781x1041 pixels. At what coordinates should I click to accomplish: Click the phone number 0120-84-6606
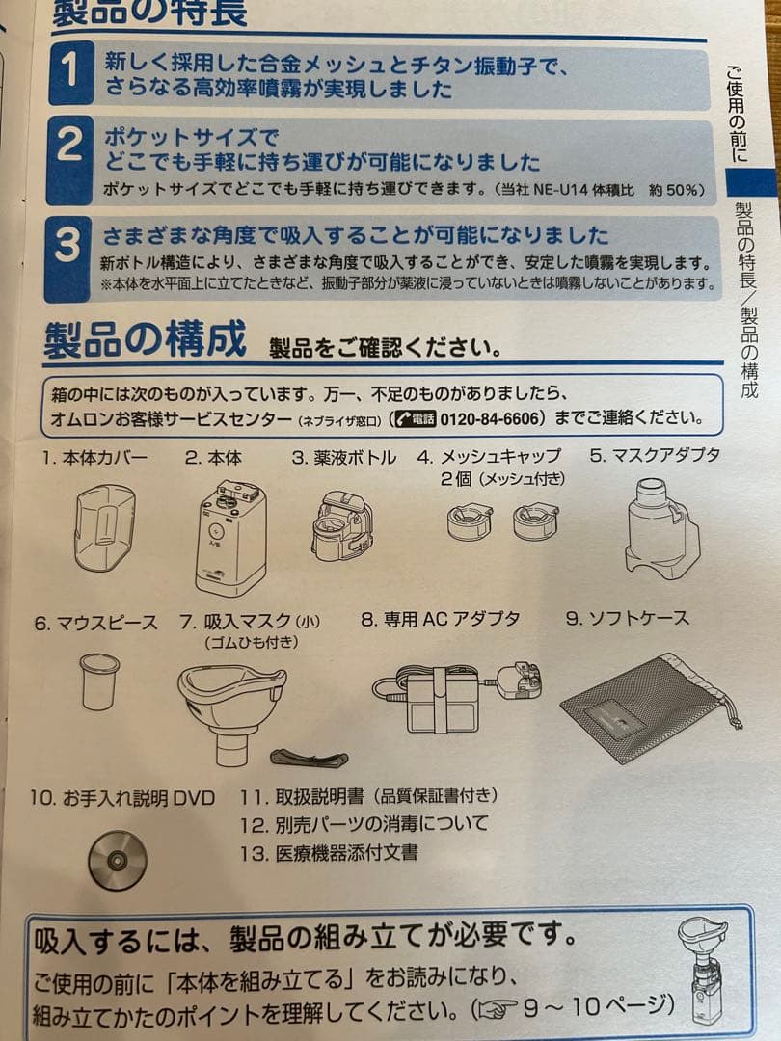[492, 419]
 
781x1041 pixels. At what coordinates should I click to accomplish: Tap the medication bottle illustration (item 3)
[341, 526]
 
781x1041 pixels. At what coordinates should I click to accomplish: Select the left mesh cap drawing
[470, 521]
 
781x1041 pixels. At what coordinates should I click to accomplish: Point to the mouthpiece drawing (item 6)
[99, 681]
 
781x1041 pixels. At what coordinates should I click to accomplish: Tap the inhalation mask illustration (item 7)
[232, 705]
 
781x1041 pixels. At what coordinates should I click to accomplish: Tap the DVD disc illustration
[118, 859]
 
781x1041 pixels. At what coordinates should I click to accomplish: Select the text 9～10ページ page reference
[598, 1006]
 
